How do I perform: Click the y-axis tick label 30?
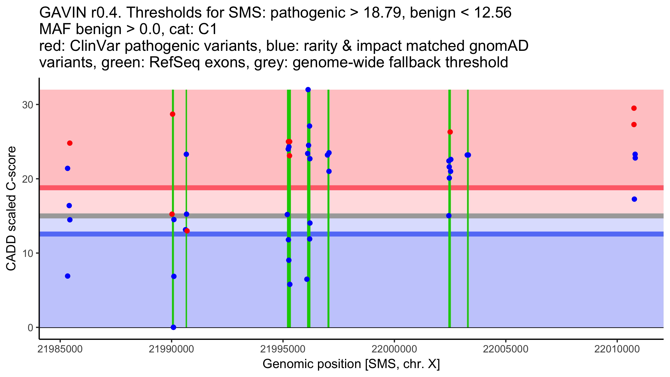(x=27, y=105)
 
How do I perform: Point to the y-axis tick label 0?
(x=30, y=328)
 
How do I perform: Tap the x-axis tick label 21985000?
(x=60, y=349)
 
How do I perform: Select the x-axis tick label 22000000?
(x=394, y=349)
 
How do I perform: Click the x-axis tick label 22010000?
(x=617, y=349)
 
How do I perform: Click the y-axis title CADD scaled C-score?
(x=11, y=209)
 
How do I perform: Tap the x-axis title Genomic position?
(x=351, y=364)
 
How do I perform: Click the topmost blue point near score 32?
(x=308, y=90)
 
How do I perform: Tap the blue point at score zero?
(x=173, y=327)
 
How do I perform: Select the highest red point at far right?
(x=634, y=108)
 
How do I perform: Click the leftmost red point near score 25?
(x=70, y=143)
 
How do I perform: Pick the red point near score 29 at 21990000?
(x=173, y=114)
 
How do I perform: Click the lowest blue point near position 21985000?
(x=68, y=276)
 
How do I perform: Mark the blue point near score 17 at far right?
(x=634, y=199)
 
